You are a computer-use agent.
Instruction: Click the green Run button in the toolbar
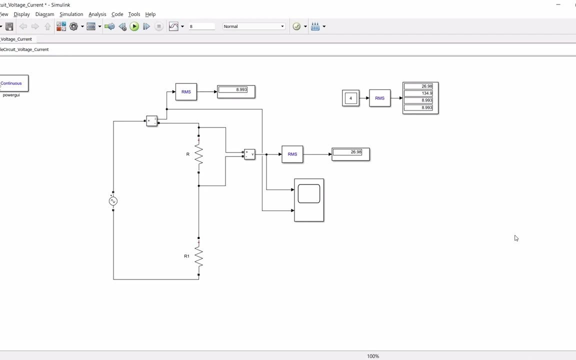(x=134, y=26)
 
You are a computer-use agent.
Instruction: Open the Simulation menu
(x=71, y=14)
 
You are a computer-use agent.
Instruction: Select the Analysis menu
(x=97, y=14)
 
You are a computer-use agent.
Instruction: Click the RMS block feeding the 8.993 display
(x=186, y=92)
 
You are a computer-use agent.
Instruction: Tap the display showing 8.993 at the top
(x=236, y=91)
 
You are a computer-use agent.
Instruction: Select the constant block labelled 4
(x=350, y=98)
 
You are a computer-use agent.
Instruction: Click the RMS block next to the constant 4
(x=379, y=98)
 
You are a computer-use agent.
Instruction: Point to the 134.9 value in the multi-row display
(x=419, y=93)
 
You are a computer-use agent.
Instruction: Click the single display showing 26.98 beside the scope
(x=350, y=154)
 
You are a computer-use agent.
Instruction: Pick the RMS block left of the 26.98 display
(x=292, y=154)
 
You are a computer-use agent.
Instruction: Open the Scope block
(x=309, y=199)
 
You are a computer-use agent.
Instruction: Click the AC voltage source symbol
(x=113, y=201)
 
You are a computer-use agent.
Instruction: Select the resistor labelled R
(x=198, y=154)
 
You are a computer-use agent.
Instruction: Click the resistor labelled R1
(x=198, y=256)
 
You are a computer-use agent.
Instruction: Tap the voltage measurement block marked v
(x=249, y=154)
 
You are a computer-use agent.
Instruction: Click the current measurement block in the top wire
(x=151, y=121)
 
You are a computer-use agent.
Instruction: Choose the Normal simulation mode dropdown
(x=253, y=26)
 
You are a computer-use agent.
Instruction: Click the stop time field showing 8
(x=201, y=26)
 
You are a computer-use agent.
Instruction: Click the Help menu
(x=150, y=14)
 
